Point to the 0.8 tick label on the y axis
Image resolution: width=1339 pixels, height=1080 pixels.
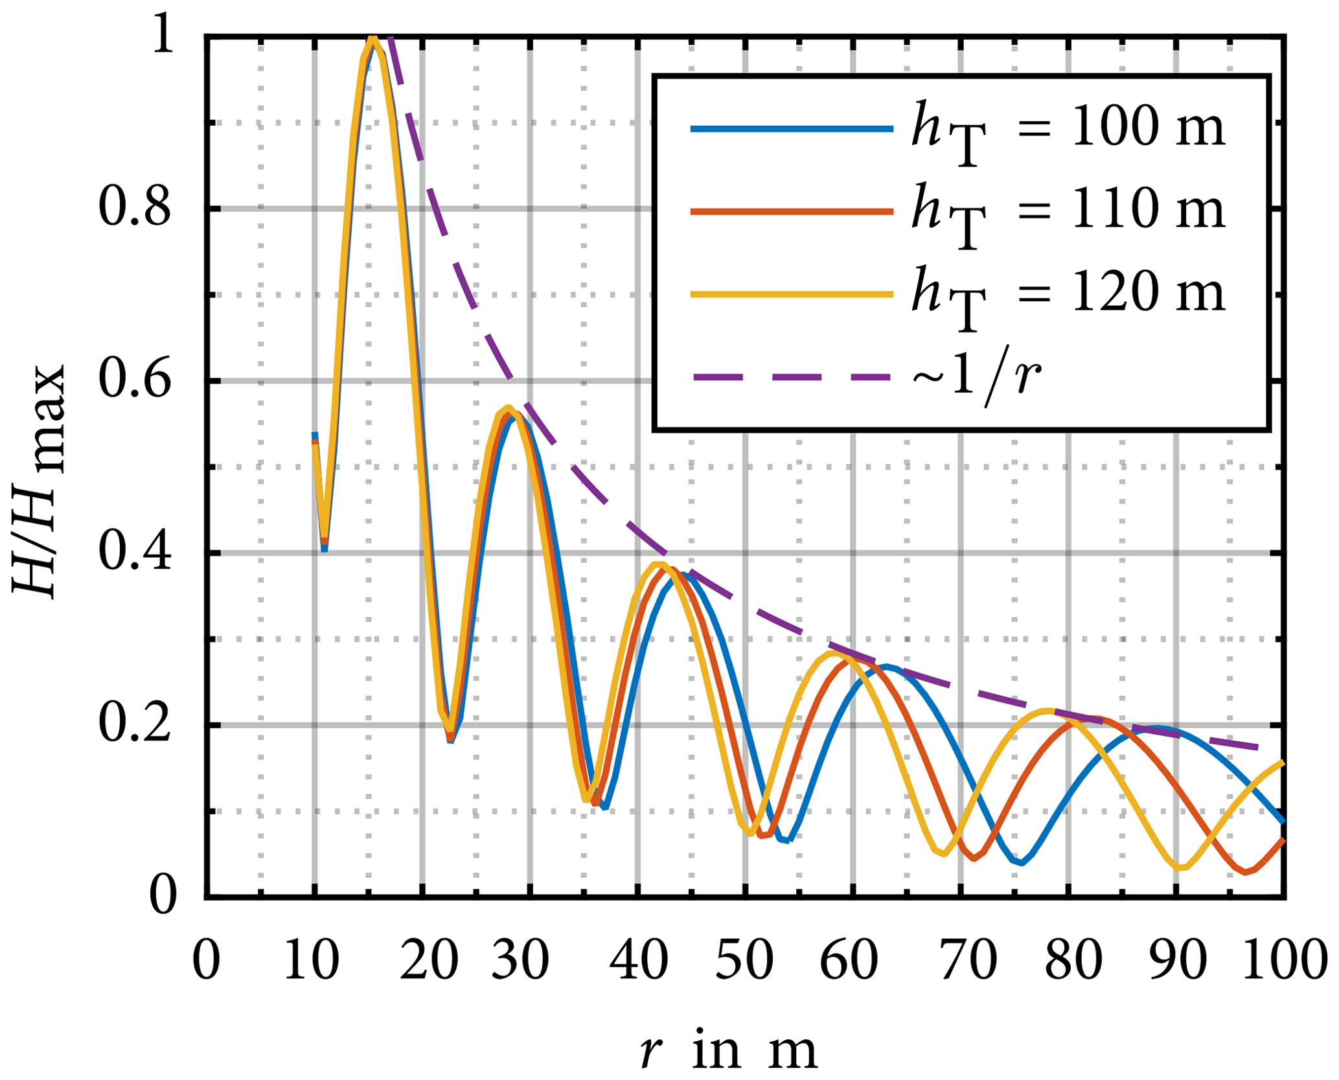click(x=135, y=209)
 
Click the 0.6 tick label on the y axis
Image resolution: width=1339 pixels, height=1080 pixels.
click(x=135, y=380)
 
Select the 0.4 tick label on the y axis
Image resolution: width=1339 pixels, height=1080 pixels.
click(x=135, y=553)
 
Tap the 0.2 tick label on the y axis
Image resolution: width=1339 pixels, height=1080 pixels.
click(x=135, y=724)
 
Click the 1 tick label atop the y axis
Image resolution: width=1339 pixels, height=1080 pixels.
click(x=161, y=38)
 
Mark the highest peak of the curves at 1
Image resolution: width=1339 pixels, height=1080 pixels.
click(x=372, y=39)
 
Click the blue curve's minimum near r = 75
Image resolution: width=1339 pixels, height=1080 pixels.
click(x=1020, y=863)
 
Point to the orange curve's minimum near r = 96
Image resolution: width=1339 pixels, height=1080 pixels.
click(x=1246, y=873)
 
